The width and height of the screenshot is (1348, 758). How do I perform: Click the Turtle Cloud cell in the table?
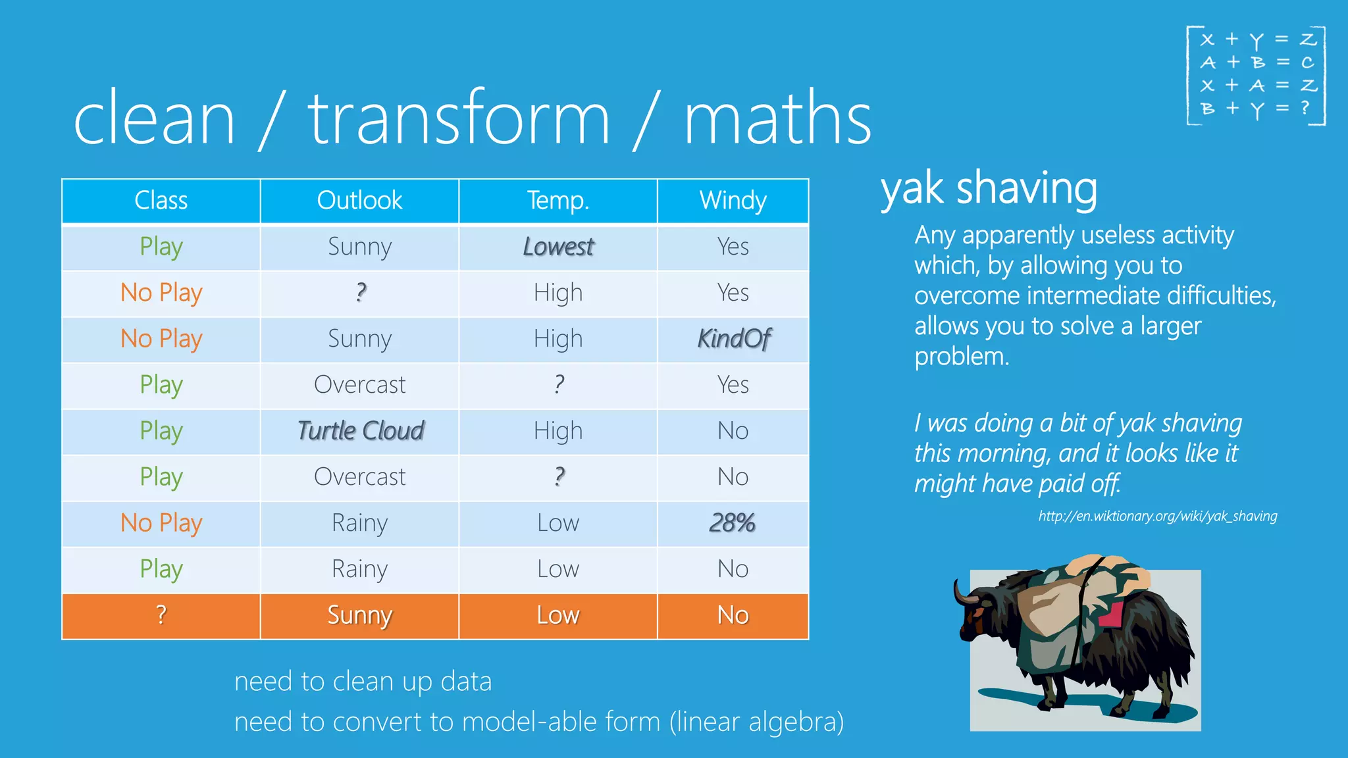(360, 431)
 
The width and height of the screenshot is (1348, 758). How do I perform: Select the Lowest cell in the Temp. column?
(558, 247)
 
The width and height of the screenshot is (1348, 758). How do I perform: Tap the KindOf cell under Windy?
(733, 339)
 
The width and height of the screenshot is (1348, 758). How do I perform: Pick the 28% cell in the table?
(733, 523)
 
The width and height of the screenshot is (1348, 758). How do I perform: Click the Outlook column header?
(359, 201)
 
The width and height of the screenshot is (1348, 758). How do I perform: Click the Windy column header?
(733, 201)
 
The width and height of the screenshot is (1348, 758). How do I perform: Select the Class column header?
(161, 201)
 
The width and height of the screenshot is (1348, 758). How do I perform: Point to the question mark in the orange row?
(161, 615)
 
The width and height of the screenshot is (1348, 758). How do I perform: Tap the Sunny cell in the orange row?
(359, 615)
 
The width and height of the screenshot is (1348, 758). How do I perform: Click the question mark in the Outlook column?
(360, 292)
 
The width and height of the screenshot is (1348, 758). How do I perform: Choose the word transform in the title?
(459, 118)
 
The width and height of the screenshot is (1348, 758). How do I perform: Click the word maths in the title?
(777, 118)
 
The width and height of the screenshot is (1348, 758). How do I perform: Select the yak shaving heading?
(989, 189)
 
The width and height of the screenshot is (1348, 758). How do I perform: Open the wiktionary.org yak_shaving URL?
(1157, 517)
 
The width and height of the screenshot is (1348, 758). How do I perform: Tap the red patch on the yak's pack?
(1111, 614)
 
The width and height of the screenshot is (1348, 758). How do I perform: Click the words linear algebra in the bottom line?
(756, 722)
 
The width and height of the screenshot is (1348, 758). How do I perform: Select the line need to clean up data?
(363, 682)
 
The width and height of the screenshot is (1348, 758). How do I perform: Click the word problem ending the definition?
(961, 357)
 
